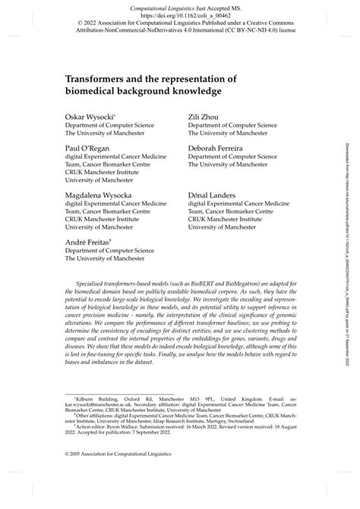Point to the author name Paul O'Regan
[x=86, y=149]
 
